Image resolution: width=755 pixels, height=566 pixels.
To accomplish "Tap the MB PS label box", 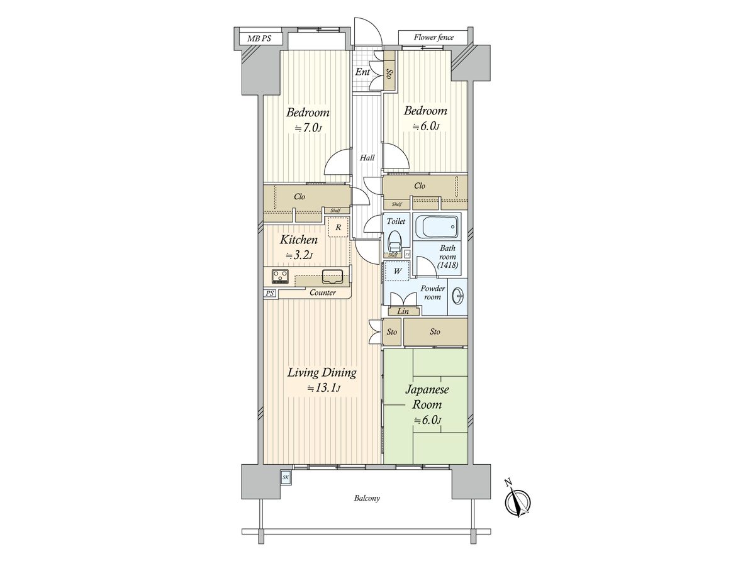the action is (259, 38).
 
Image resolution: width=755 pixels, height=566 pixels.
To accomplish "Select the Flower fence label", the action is (433, 38).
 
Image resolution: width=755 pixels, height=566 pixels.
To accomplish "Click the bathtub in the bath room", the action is (437, 227).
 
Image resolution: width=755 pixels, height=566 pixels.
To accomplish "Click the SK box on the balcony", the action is (286, 477).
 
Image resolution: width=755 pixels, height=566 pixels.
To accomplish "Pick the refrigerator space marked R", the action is (338, 227).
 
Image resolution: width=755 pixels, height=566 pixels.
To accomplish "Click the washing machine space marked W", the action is (397, 271).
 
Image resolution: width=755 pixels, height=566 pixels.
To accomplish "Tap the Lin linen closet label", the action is (403, 311).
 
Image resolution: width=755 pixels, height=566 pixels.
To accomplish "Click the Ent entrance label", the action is (362, 72).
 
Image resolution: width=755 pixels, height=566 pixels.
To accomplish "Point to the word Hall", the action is (367, 158).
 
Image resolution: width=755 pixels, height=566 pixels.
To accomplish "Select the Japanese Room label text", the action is (427, 397).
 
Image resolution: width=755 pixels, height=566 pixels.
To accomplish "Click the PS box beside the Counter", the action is (270, 293).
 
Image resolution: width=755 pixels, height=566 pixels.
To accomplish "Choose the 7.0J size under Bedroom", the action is (308, 128).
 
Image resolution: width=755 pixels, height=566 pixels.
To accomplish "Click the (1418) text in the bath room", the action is (447, 265).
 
